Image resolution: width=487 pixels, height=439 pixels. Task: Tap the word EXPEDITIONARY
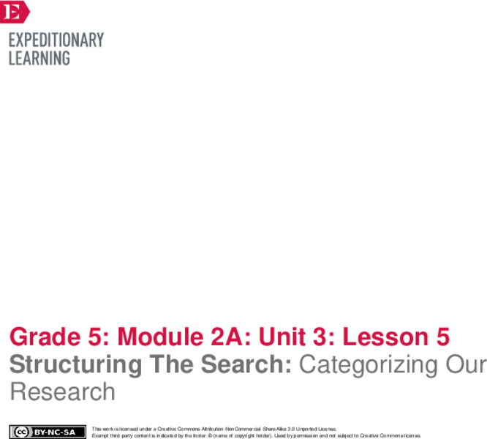coord(56,40)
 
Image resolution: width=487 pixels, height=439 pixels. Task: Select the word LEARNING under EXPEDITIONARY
coord(39,58)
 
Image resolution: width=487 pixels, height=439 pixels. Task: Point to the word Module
coord(151,337)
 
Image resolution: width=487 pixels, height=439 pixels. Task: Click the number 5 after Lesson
coord(442,337)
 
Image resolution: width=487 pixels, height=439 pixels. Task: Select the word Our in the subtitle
coord(465,364)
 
